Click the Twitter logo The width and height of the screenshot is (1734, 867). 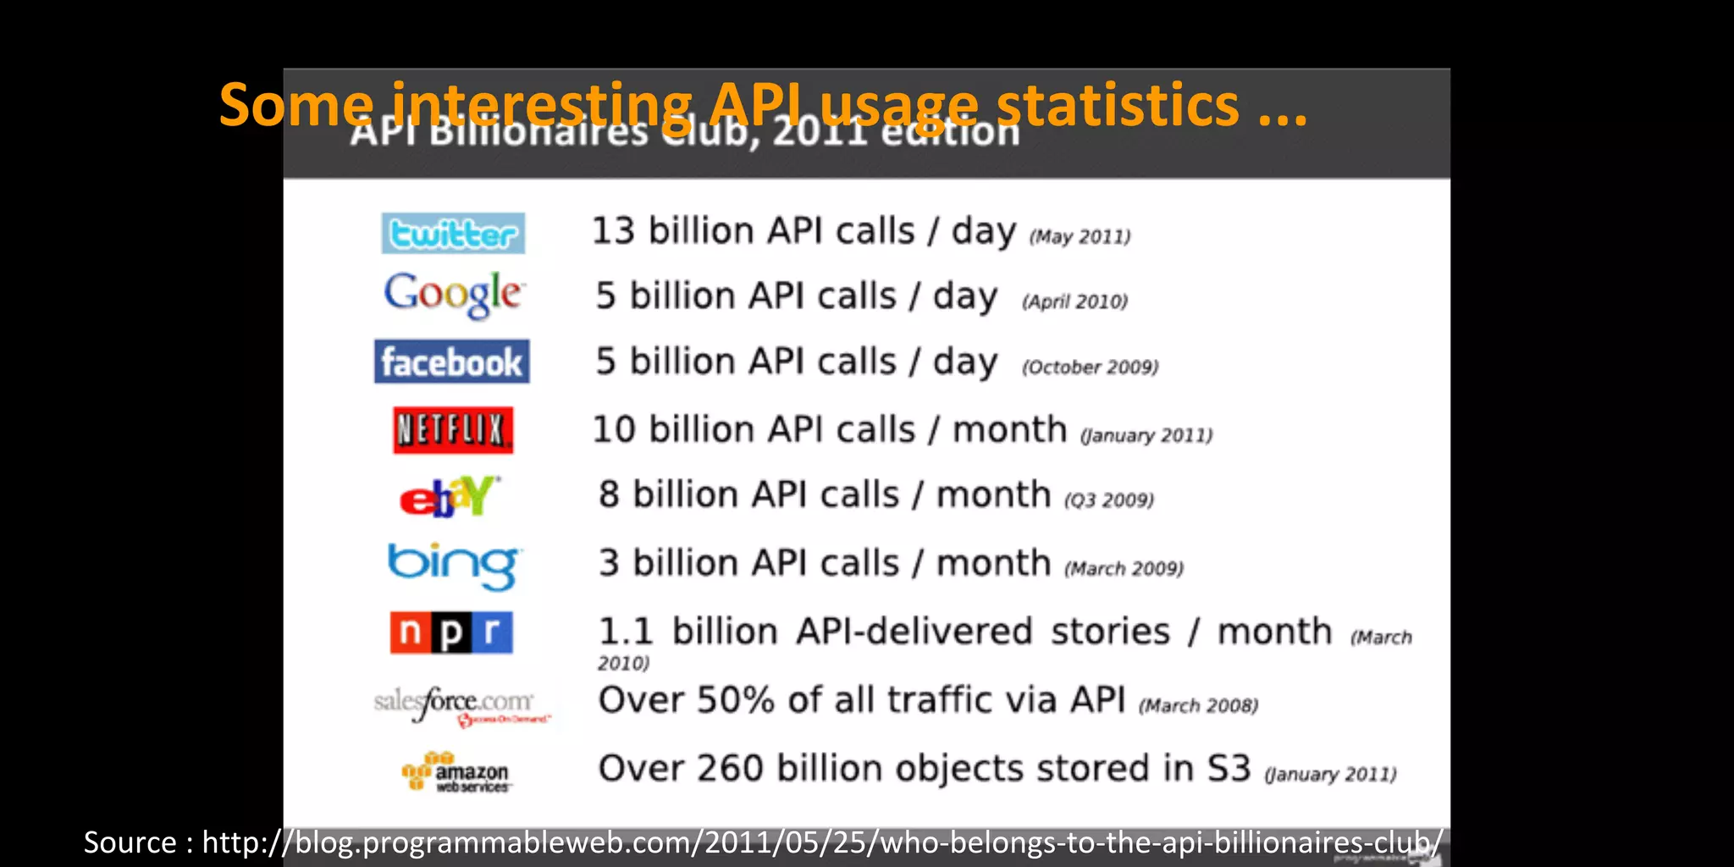pyautogui.click(x=453, y=234)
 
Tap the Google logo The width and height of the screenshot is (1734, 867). pyautogui.click(x=454, y=295)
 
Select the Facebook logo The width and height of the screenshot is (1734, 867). pyautogui.click(x=452, y=362)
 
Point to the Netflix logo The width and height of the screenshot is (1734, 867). pyautogui.click(x=453, y=430)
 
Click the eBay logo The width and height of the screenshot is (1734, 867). pyautogui.click(x=450, y=496)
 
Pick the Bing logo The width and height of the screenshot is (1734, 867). pyautogui.click(x=454, y=565)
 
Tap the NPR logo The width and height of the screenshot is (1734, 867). pyautogui.click(x=451, y=632)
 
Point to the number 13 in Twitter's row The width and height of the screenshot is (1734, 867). pyautogui.click(x=613, y=231)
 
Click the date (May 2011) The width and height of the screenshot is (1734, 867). pyautogui.click(x=1080, y=237)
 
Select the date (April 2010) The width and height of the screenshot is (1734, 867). pyautogui.click(x=1074, y=302)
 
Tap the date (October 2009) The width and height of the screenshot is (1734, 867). pyautogui.click(x=1090, y=367)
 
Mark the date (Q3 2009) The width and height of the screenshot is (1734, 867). pyautogui.click(x=1108, y=500)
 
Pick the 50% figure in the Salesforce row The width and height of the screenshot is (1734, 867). pyautogui.click(x=735, y=700)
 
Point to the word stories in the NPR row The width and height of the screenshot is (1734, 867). pyautogui.click(x=1110, y=632)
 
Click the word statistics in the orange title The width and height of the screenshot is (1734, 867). pyautogui.click(x=1118, y=105)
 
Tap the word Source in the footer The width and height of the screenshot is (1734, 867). pyautogui.click(x=130, y=842)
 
